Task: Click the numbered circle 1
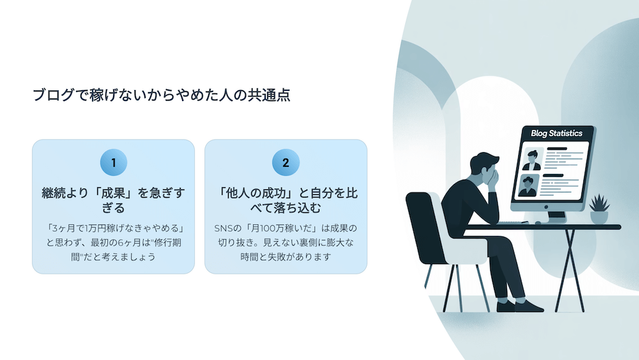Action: tap(114, 162)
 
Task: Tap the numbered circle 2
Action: tap(286, 162)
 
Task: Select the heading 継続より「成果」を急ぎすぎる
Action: tap(113, 200)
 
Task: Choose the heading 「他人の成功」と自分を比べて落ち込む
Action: tap(286, 200)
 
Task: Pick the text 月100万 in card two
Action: tap(267, 228)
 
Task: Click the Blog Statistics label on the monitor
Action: tap(557, 133)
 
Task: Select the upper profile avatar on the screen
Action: tap(532, 159)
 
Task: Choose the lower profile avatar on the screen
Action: tap(528, 185)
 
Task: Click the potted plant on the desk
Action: tap(599, 208)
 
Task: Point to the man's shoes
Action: tap(520, 306)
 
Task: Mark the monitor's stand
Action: tap(557, 217)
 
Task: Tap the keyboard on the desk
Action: tap(512, 223)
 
